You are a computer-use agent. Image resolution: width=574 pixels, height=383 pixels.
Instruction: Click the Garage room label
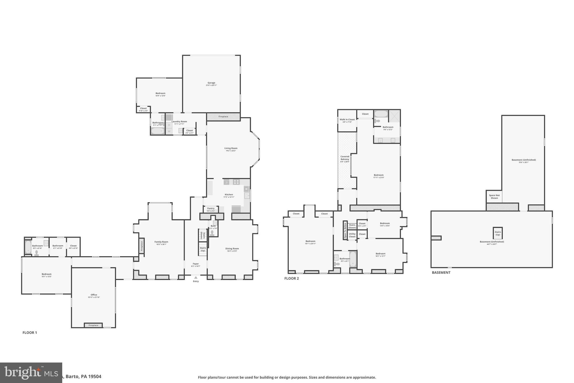click(x=211, y=83)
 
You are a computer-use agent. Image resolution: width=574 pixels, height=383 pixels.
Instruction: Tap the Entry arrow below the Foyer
click(x=196, y=277)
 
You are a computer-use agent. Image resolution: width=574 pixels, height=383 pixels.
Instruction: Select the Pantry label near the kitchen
click(x=211, y=208)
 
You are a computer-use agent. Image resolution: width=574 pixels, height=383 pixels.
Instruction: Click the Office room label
click(x=94, y=295)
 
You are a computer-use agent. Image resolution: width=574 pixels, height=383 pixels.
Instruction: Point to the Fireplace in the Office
click(x=93, y=325)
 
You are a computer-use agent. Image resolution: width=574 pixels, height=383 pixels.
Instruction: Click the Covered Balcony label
click(x=345, y=158)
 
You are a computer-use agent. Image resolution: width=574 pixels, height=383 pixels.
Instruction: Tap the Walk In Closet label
click(x=347, y=120)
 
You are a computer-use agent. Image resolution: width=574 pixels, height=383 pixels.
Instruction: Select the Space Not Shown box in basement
click(x=494, y=196)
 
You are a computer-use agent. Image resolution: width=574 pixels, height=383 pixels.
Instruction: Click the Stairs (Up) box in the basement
click(x=498, y=233)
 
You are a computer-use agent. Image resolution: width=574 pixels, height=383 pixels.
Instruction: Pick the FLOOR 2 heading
click(x=291, y=278)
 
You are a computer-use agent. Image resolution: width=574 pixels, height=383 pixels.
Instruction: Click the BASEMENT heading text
click(x=441, y=272)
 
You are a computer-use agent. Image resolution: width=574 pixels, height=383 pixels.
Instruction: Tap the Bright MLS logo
click(x=31, y=373)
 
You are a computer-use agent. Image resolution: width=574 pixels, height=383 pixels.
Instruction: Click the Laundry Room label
click(x=179, y=121)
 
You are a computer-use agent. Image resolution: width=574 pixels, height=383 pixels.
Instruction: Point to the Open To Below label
click(x=345, y=230)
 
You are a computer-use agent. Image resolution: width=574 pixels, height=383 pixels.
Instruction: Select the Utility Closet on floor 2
click(x=352, y=235)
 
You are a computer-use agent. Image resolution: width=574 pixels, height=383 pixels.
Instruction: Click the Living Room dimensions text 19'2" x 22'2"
click(x=231, y=151)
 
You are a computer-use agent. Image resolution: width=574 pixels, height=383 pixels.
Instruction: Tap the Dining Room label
click(x=232, y=248)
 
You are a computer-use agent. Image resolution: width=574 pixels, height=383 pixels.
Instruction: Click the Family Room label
click(x=161, y=242)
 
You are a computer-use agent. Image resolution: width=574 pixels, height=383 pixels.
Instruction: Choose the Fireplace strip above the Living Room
click(x=223, y=116)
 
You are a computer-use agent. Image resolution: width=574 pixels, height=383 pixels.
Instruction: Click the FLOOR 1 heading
click(x=30, y=332)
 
